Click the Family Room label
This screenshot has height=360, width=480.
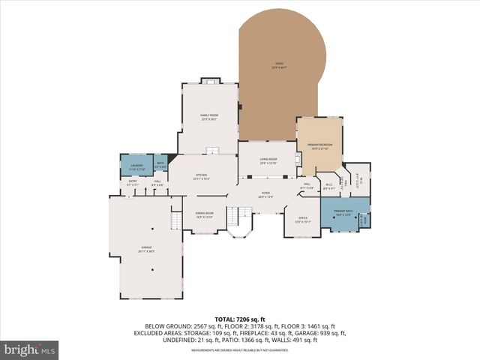click(x=209, y=116)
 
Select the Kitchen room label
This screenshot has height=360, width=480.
click(x=201, y=176)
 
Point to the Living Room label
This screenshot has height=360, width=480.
click(x=268, y=160)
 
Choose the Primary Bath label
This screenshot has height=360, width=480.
click(x=343, y=213)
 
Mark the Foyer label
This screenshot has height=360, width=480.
click(x=265, y=195)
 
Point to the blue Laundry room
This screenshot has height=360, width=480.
click(x=136, y=166)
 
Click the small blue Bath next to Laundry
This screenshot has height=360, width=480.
click(x=160, y=165)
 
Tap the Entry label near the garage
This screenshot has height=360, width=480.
click(x=133, y=182)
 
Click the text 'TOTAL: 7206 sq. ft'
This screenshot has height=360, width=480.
click(x=240, y=319)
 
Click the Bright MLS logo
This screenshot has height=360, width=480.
click(x=30, y=349)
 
